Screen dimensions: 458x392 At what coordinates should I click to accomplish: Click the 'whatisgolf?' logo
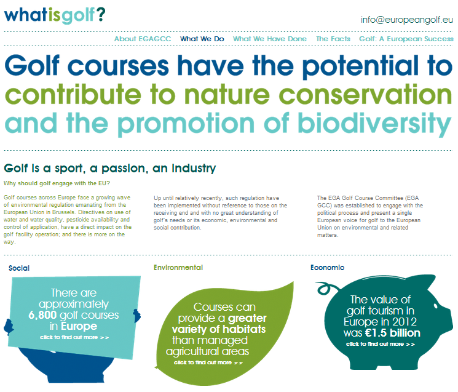(55, 15)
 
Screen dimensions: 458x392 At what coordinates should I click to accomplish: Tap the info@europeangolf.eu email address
(407, 20)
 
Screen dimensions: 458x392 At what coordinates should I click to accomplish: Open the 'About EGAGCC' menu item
(143, 39)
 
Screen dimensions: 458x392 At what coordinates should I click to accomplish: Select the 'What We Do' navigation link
(202, 39)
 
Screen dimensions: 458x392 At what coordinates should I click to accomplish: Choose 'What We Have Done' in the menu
(270, 39)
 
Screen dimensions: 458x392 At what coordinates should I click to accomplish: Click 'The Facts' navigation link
(333, 39)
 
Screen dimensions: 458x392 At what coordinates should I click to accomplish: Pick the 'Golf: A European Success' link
(406, 39)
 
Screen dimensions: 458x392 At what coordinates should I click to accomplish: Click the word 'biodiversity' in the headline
(374, 124)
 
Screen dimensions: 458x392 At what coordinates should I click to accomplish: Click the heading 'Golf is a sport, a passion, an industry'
(110, 168)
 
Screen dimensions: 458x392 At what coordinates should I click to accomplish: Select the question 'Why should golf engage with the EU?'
(57, 183)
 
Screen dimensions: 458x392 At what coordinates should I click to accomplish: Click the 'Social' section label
(19, 268)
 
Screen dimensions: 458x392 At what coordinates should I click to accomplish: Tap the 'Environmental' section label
(178, 268)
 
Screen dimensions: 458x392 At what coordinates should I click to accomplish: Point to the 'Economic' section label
(328, 268)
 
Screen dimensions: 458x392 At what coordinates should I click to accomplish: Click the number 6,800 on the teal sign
(42, 315)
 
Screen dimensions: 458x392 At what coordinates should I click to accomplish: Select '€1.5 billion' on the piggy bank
(393, 333)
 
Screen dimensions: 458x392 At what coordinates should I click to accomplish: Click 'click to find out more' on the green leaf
(208, 362)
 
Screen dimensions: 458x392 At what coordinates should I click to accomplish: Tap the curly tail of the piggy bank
(326, 289)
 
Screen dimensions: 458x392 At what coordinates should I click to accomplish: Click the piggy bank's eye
(435, 306)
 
